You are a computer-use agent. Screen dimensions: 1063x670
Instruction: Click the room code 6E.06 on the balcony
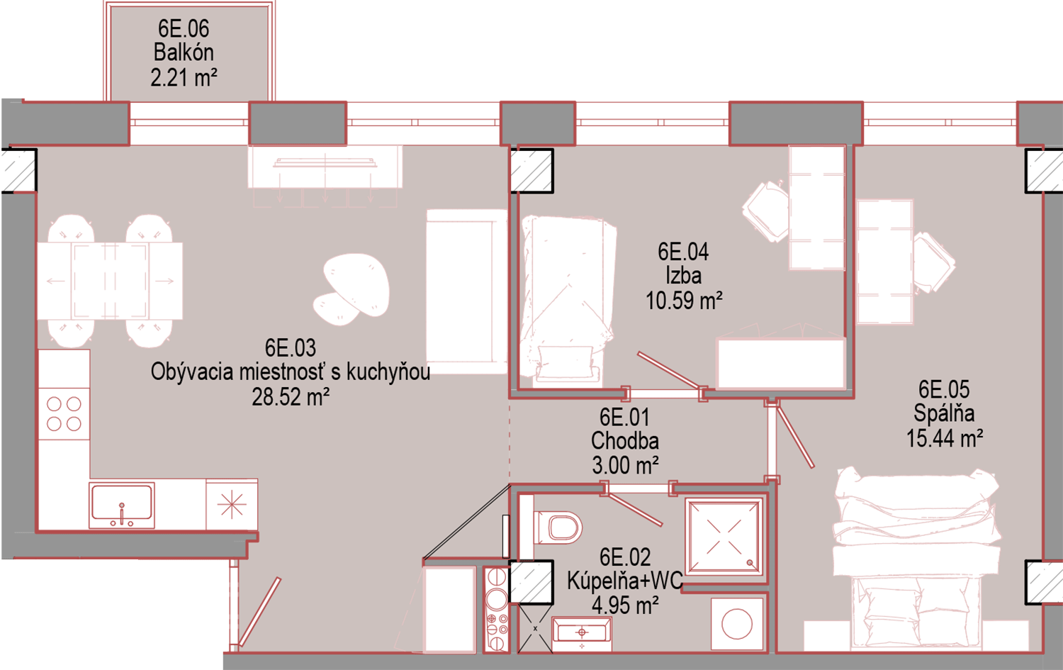click(x=183, y=28)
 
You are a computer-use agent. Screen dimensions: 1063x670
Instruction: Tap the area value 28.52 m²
click(x=291, y=397)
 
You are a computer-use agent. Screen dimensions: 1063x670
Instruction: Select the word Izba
click(x=683, y=276)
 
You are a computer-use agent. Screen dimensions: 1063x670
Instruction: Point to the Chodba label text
click(x=624, y=441)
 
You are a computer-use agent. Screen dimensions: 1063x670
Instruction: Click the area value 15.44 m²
click(x=945, y=437)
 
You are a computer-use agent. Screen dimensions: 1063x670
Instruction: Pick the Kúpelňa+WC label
click(x=624, y=581)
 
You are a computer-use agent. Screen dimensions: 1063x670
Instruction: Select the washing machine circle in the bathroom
click(x=737, y=624)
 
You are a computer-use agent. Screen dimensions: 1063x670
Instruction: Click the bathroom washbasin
click(x=582, y=634)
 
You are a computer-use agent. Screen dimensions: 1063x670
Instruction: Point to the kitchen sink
click(x=122, y=505)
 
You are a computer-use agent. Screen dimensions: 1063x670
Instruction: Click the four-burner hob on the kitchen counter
click(x=64, y=413)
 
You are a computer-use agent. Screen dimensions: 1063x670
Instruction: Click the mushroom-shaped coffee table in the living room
click(x=351, y=289)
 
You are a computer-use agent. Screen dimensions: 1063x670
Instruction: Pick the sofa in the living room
click(x=467, y=291)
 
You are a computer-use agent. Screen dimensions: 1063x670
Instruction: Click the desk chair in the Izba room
click(x=766, y=211)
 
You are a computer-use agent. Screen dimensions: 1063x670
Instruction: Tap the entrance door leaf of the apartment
click(x=259, y=612)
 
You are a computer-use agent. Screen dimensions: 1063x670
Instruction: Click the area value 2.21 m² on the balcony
click(x=184, y=77)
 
